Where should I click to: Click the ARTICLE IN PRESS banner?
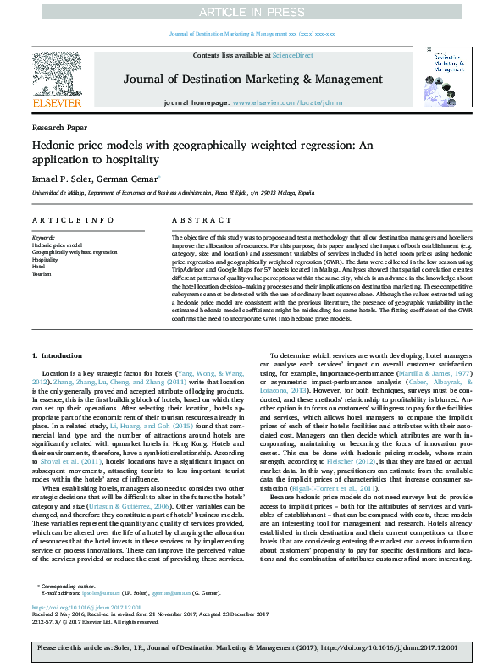coord(252,12)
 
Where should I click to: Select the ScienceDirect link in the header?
coord(288,55)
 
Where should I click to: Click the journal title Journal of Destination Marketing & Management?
coord(249,79)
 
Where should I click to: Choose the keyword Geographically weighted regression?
coord(75,252)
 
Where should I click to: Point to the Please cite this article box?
coord(252,647)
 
